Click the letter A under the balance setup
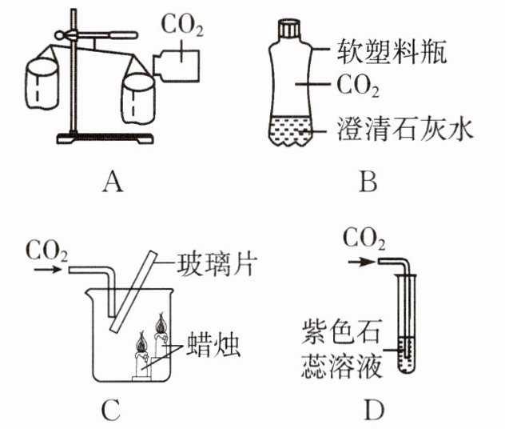[113, 182]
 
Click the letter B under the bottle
[368, 182]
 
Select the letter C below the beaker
[110, 409]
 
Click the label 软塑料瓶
[391, 51]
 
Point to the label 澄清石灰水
[404, 129]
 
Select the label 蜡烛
[213, 344]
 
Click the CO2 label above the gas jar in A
[182, 25]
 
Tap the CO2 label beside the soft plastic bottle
[357, 86]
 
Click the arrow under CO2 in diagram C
[47, 269]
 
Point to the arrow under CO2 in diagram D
[362, 262]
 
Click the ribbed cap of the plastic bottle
[289, 28]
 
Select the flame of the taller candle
[161, 323]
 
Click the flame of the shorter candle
[141, 342]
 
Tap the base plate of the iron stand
[105, 138]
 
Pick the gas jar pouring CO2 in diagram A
[176, 65]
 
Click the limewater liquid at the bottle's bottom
[291, 130]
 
